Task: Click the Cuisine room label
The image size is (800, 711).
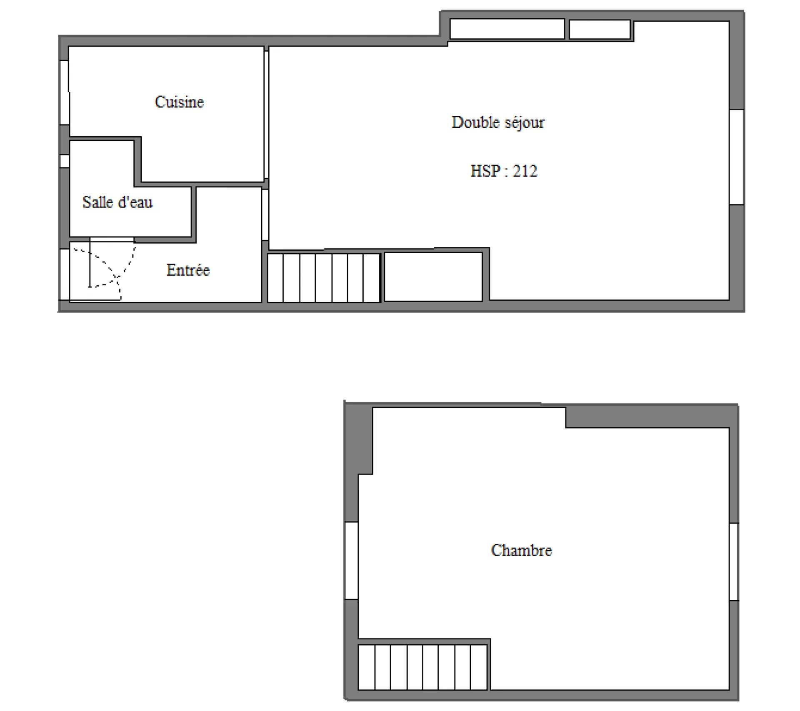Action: [x=179, y=102]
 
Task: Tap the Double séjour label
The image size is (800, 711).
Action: [x=498, y=122]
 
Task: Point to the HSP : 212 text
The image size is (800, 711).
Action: [x=504, y=171]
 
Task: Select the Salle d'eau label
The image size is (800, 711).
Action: [x=117, y=202]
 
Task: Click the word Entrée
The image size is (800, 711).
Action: [x=188, y=270]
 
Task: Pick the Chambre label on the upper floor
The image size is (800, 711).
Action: [x=522, y=550]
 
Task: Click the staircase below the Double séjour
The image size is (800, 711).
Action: [x=324, y=277]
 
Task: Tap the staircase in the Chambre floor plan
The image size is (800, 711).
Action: [x=422, y=667]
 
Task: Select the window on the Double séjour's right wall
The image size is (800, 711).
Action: [x=737, y=157]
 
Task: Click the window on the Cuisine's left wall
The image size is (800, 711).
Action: [x=64, y=92]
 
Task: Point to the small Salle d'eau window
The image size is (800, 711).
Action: [x=65, y=161]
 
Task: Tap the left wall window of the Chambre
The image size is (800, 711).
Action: [x=351, y=561]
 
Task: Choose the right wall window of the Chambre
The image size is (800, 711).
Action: [x=734, y=561]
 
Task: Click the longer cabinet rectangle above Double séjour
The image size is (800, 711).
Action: [x=507, y=29]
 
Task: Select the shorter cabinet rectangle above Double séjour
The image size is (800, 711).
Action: [x=600, y=29]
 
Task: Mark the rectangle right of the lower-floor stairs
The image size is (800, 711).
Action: [x=433, y=277]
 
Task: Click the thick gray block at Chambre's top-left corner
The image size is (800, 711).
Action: [x=359, y=440]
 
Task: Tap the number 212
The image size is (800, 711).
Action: [x=525, y=171]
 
